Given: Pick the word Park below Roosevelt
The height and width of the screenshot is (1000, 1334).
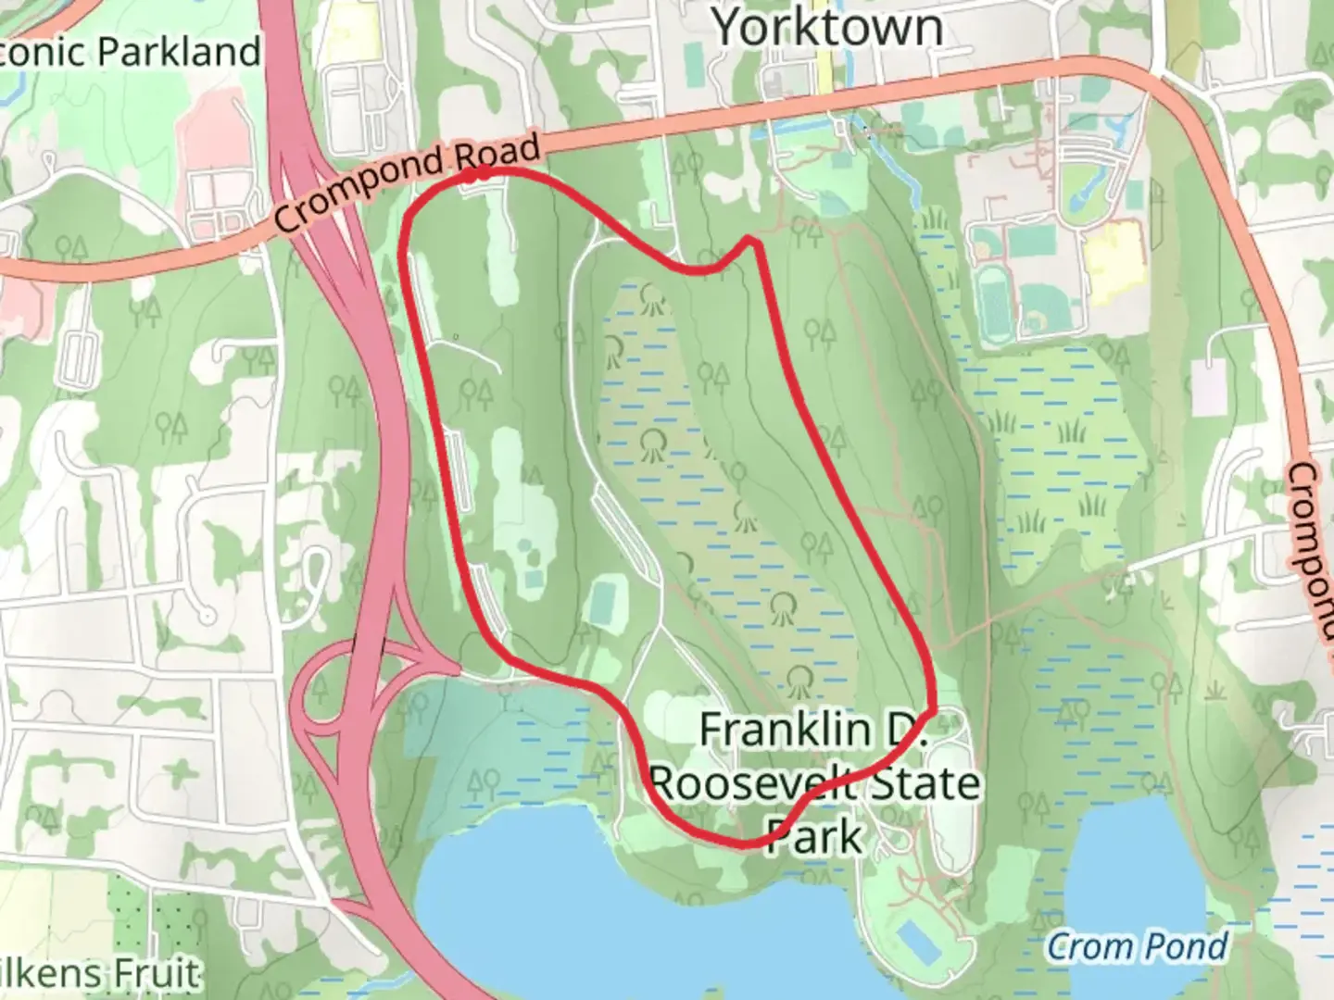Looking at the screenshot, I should [815, 838].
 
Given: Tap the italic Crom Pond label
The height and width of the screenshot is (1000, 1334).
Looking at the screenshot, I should [1137, 946].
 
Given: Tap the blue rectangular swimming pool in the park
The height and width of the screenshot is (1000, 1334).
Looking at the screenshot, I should [915, 942].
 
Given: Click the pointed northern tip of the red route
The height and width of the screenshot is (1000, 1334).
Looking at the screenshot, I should [752, 242].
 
